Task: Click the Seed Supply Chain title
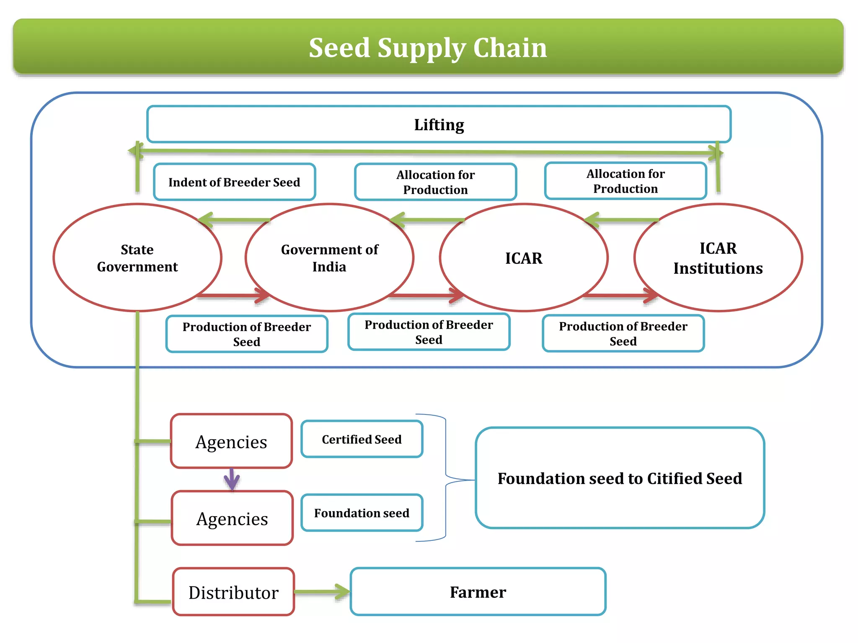428,47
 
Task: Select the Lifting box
439,124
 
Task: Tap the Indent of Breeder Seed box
234,182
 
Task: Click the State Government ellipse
137,258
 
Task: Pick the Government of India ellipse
329,258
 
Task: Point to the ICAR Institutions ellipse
718,258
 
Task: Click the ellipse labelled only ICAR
524,258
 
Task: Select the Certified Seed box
362,439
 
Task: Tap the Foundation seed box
362,513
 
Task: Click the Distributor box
233,592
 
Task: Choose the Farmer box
478,592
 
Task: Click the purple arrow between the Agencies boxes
232,480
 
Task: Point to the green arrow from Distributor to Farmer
322,592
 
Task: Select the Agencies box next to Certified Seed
231,441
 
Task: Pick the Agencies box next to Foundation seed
232,518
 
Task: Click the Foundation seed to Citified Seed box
620,478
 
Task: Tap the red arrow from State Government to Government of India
233,296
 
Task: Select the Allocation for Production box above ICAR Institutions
625,181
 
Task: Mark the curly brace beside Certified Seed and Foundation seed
446,478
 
